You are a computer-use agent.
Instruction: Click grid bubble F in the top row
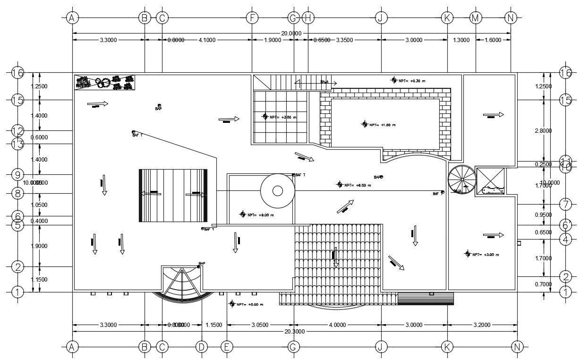coord(252,18)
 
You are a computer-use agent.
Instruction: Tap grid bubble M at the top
coord(476,18)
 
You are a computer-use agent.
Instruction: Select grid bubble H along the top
coord(308,18)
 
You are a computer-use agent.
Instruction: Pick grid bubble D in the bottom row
coord(202,347)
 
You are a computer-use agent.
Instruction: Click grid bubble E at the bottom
coord(227,347)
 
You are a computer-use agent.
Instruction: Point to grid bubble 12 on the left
coord(17,131)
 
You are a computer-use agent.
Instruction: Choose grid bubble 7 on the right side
coord(565,205)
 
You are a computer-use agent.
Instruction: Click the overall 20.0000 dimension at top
coord(291,33)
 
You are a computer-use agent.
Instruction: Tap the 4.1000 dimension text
coord(207,40)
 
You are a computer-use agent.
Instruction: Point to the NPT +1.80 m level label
coord(382,125)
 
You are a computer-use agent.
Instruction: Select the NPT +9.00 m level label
coord(260,215)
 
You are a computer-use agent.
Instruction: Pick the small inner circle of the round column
coord(278,191)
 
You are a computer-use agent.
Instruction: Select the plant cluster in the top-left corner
coord(104,82)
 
